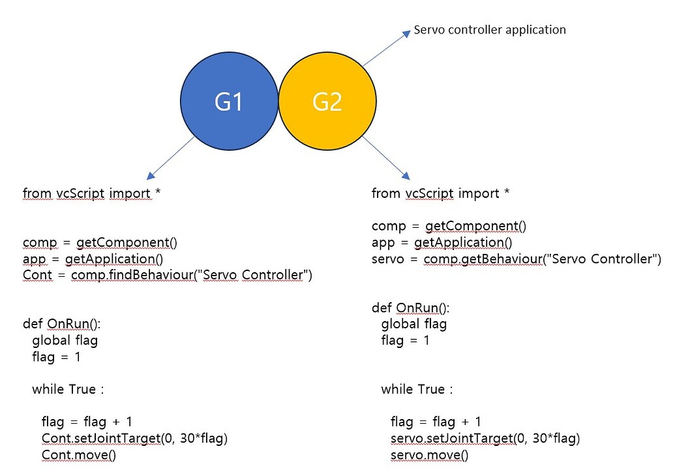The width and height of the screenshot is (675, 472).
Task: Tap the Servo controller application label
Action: click(490, 30)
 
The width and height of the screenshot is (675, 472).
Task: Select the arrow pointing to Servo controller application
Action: click(386, 48)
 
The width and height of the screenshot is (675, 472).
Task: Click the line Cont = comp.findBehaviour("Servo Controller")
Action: click(168, 275)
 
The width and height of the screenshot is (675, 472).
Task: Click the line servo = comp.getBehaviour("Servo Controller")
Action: click(516, 259)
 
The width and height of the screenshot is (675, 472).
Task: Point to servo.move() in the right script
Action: click(429, 454)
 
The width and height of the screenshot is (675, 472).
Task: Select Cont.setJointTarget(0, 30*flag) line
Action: click(134, 438)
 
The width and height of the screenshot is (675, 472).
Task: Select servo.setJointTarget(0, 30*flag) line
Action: click(485, 438)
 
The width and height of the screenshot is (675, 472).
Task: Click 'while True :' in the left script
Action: click(68, 390)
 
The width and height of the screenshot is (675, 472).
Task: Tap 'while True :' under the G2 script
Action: click(417, 390)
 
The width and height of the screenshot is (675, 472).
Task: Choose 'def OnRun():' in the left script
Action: click(63, 324)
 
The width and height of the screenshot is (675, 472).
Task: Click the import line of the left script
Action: click(87, 193)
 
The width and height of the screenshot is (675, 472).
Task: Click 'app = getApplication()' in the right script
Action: click(442, 243)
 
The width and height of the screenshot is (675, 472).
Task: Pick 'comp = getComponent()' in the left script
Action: click(100, 243)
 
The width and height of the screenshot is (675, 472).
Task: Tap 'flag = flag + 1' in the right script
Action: click(436, 422)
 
